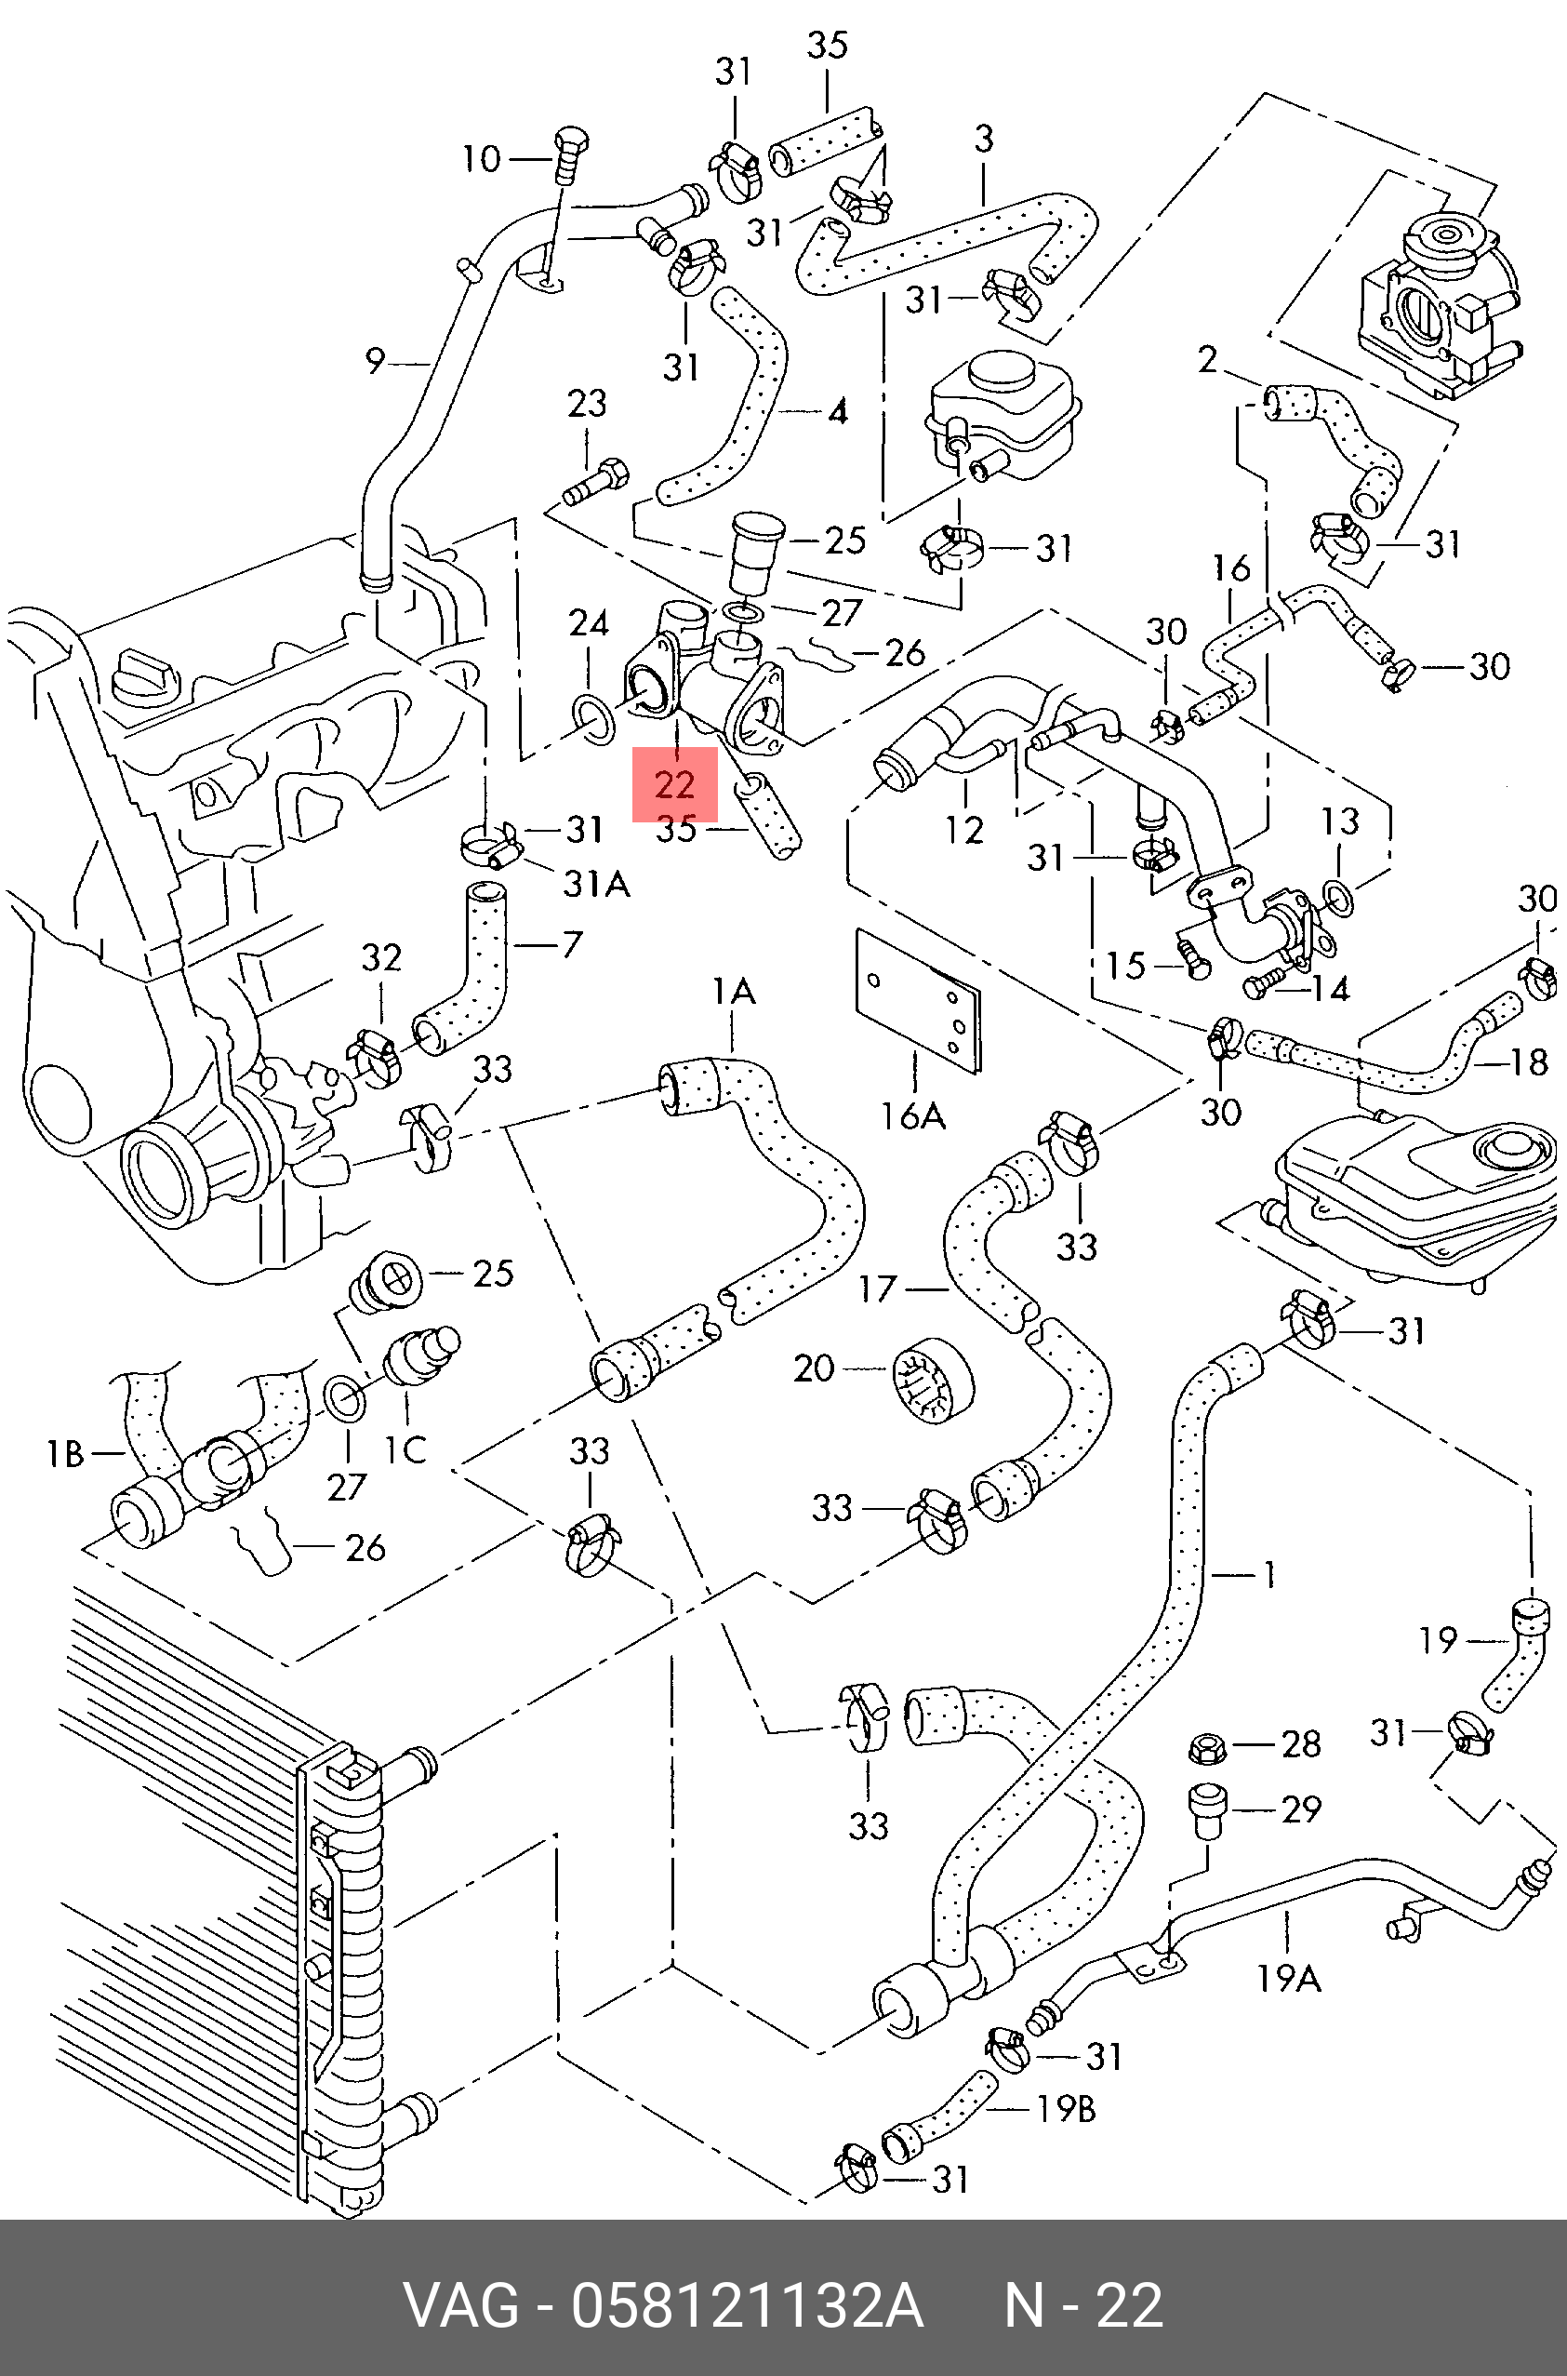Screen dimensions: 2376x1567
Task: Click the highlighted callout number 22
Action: pyautogui.click(x=674, y=784)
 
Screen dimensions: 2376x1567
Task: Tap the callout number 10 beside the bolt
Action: pyautogui.click(x=481, y=159)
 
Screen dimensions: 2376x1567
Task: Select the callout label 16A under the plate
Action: pyautogui.click(x=912, y=1115)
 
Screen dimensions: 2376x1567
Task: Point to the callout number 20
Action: pyautogui.click(x=814, y=1368)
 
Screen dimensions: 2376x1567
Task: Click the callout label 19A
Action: pyautogui.click(x=1288, y=1978)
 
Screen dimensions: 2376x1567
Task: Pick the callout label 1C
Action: pyautogui.click(x=405, y=1449)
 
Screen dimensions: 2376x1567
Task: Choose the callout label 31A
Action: pyautogui.click(x=597, y=884)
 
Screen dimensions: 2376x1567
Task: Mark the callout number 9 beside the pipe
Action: pyautogui.click(x=375, y=361)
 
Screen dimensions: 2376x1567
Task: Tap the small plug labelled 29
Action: pyautogui.click(x=1206, y=1809)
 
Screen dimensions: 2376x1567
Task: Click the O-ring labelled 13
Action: pyautogui.click(x=1339, y=898)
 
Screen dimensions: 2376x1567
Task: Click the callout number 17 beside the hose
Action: pyautogui.click(x=878, y=1289)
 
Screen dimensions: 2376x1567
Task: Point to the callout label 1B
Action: pyautogui.click(x=66, y=1454)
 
